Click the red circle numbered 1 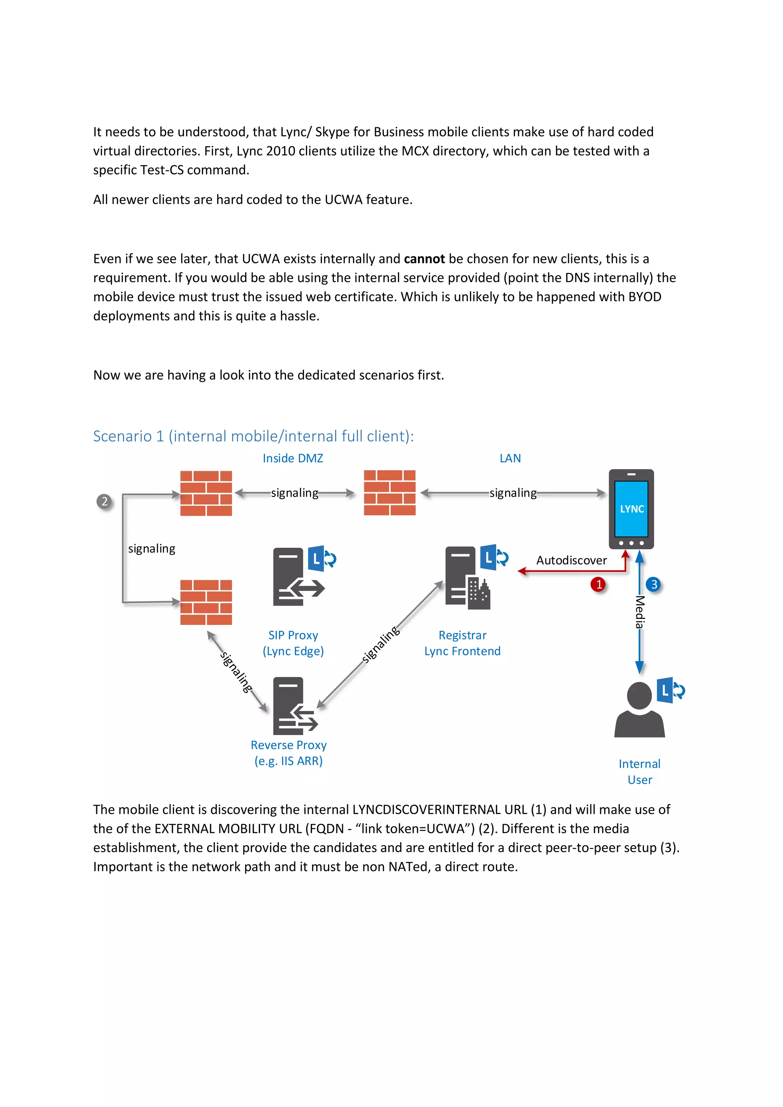coord(598,584)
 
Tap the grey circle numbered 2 coord(104,502)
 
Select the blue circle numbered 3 coord(654,584)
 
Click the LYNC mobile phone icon coord(631,509)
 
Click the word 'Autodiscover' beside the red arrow coord(571,560)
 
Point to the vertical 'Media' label coord(640,612)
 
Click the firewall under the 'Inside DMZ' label coord(390,493)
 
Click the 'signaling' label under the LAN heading coord(513,493)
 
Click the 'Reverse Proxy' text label coord(288,745)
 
